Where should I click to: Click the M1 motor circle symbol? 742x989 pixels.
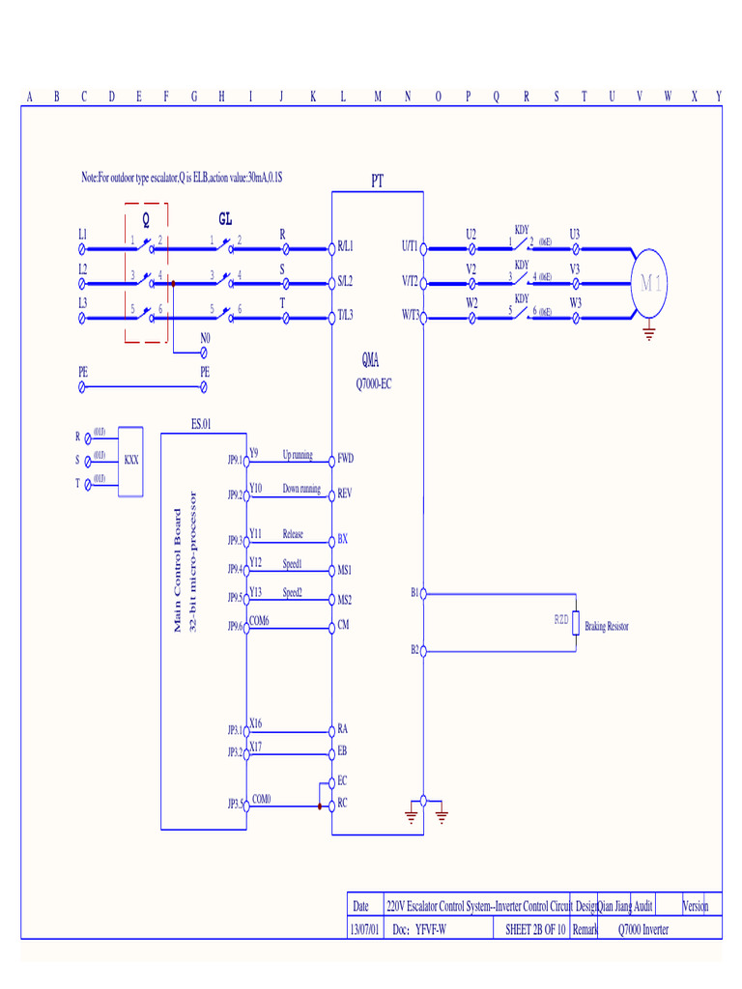[x=648, y=283]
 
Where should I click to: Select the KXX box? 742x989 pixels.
[x=130, y=460]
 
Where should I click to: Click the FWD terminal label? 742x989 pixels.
[x=345, y=458]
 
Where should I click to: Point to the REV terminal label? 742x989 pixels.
[x=345, y=494]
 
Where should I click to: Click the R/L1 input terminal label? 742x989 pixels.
[x=345, y=246]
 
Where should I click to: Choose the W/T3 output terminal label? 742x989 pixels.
[x=409, y=315]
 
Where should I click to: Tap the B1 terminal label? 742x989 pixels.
[x=414, y=593]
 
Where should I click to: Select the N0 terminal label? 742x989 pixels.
[x=205, y=338]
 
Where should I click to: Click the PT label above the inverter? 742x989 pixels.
[x=378, y=181]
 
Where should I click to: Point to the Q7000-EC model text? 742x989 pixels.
[x=374, y=382]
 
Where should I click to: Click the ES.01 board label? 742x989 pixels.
[x=201, y=423]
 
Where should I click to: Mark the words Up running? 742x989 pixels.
[x=297, y=455]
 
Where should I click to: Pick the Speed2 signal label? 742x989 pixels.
[x=293, y=592]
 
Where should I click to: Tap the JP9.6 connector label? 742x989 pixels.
[x=236, y=627]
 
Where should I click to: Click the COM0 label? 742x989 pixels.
[x=262, y=799]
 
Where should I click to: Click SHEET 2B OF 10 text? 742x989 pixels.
[x=534, y=929]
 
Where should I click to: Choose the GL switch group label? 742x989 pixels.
[x=225, y=217]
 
